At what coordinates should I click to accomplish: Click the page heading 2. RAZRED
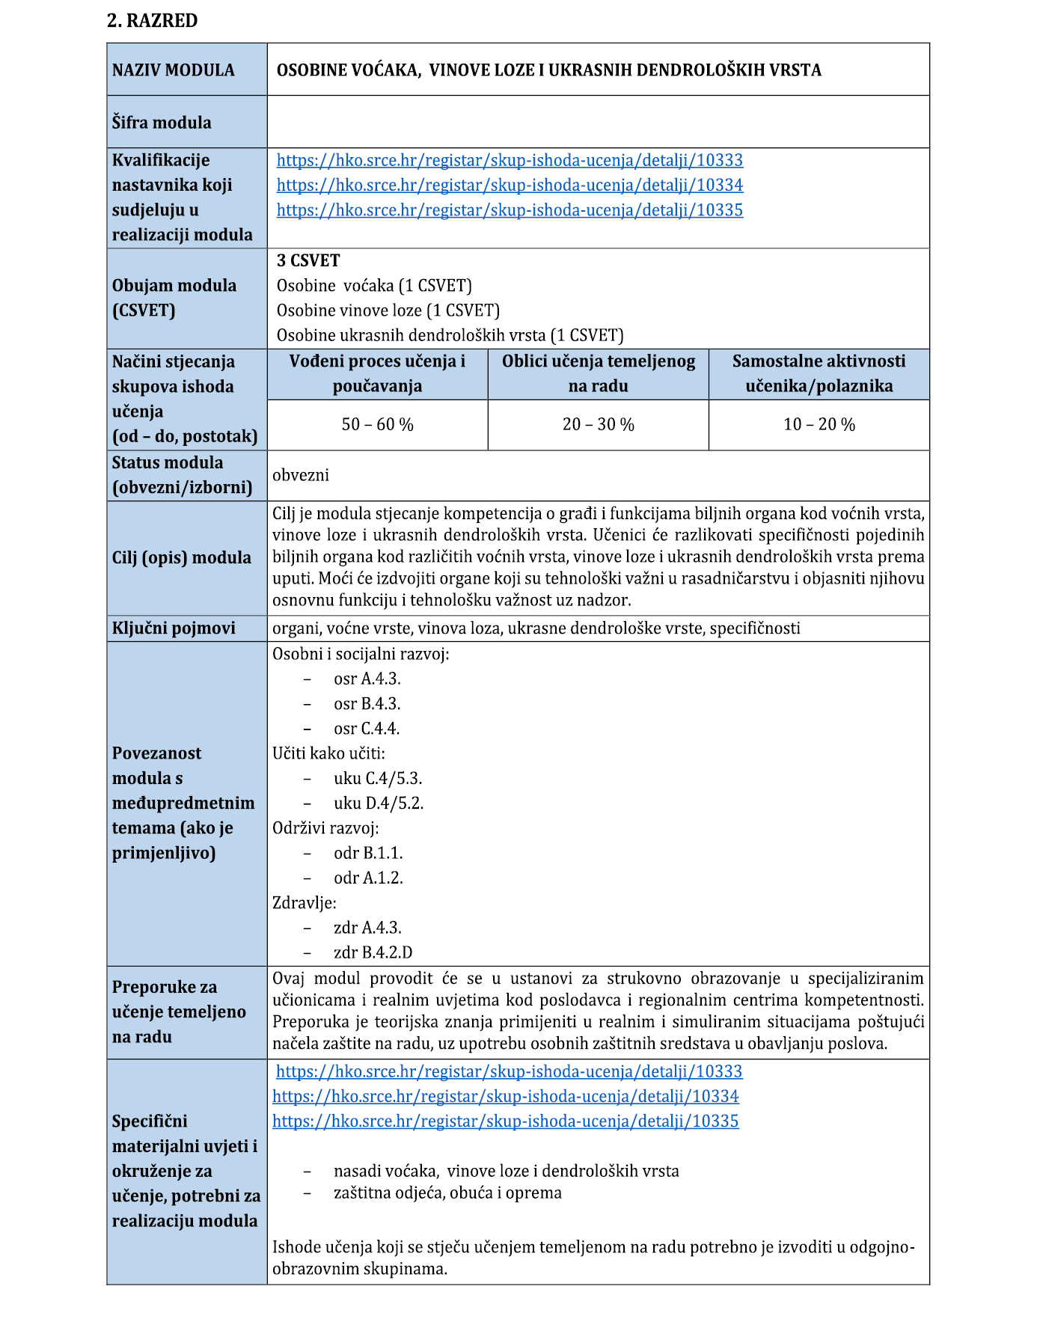pos(152,21)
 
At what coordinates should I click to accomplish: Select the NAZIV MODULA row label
pos(173,70)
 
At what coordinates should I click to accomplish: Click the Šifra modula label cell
pos(162,123)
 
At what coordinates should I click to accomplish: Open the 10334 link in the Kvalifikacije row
pos(510,185)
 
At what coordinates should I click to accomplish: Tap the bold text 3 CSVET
pos(308,260)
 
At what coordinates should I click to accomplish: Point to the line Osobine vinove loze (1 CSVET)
pos(388,310)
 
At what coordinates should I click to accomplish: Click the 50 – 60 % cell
pos(377,425)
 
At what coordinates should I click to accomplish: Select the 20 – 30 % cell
pos(598,425)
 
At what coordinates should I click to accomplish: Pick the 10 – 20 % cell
pos(819,425)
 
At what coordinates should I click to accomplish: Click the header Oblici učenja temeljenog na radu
pos(598,373)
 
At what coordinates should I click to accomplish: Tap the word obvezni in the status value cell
pos(301,475)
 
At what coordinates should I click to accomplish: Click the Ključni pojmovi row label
pos(174,628)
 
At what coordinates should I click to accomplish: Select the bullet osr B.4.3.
pos(367,704)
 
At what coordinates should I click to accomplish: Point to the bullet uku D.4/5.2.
pos(379,804)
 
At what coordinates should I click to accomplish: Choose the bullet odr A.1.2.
pos(368,878)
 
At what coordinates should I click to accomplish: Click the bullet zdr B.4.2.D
pos(373,952)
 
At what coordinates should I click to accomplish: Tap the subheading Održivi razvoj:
pos(325,828)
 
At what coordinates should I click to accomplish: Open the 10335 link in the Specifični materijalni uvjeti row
pos(505,1121)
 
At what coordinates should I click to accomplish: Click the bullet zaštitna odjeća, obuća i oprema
pos(447,1193)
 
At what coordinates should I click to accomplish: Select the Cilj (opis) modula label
pos(182,558)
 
